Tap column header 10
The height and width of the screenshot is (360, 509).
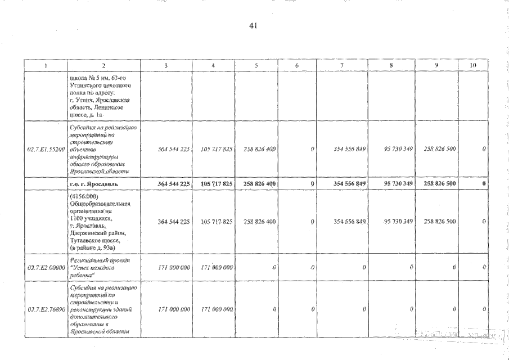click(472, 65)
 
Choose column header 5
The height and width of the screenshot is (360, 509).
click(255, 65)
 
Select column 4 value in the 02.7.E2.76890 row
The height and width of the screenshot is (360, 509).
click(216, 309)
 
